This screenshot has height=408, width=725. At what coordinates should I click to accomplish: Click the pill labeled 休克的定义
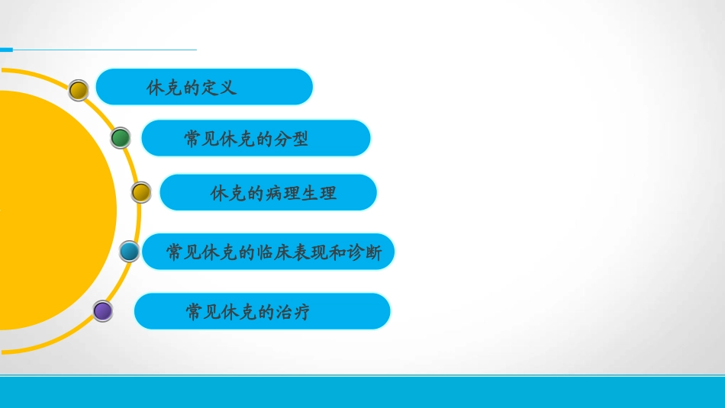pyautogui.click(x=204, y=87)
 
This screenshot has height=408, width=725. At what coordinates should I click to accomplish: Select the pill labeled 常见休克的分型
pyautogui.click(x=256, y=138)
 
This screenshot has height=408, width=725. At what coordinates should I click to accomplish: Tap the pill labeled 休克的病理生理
pyautogui.click(x=268, y=192)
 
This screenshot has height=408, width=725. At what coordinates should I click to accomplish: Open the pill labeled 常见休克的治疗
pyautogui.click(x=262, y=311)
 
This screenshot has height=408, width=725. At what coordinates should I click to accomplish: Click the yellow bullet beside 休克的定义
pyautogui.click(x=79, y=91)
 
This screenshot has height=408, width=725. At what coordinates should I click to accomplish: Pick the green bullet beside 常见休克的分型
pyautogui.click(x=121, y=138)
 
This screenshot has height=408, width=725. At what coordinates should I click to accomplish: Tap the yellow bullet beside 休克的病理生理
pyautogui.click(x=141, y=192)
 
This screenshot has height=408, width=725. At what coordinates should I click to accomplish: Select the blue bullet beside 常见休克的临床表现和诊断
pyautogui.click(x=130, y=251)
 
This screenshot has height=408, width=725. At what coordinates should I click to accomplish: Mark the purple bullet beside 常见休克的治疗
pyautogui.click(x=102, y=311)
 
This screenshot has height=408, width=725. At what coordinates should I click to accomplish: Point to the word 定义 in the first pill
pyautogui.click(x=220, y=88)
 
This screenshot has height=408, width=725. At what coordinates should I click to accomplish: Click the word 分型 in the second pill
pyautogui.click(x=291, y=139)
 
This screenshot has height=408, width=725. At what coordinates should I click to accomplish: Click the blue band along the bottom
pyautogui.click(x=362, y=392)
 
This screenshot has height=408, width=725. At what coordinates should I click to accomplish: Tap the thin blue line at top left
pyautogui.click(x=99, y=50)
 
